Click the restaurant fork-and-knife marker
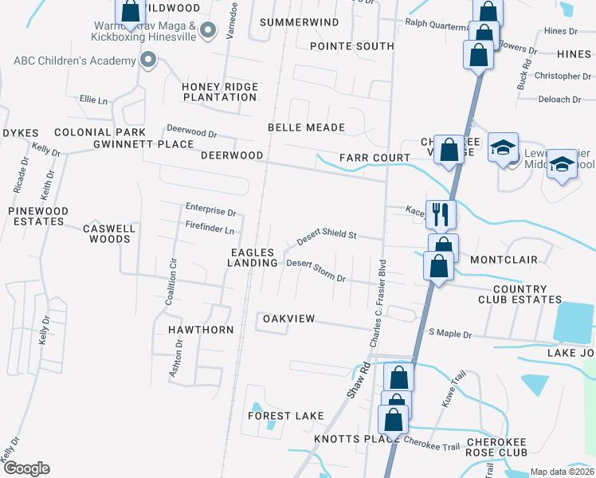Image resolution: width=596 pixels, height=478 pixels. tap(438, 214)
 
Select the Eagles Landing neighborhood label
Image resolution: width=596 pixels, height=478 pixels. tap(253, 257)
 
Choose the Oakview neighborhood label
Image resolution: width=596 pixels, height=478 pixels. tap(289, 319)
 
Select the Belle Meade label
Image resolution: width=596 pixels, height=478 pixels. tap(306, 127)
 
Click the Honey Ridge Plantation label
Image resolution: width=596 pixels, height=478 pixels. tap(220, 92)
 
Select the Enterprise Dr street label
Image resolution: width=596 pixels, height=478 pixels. tap(211, 212)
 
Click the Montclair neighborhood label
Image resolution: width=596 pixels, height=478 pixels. tap(504, 260)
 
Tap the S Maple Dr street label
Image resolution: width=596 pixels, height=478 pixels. tap(450, 333)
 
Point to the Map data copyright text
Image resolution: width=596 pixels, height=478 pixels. tap(562, 472)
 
